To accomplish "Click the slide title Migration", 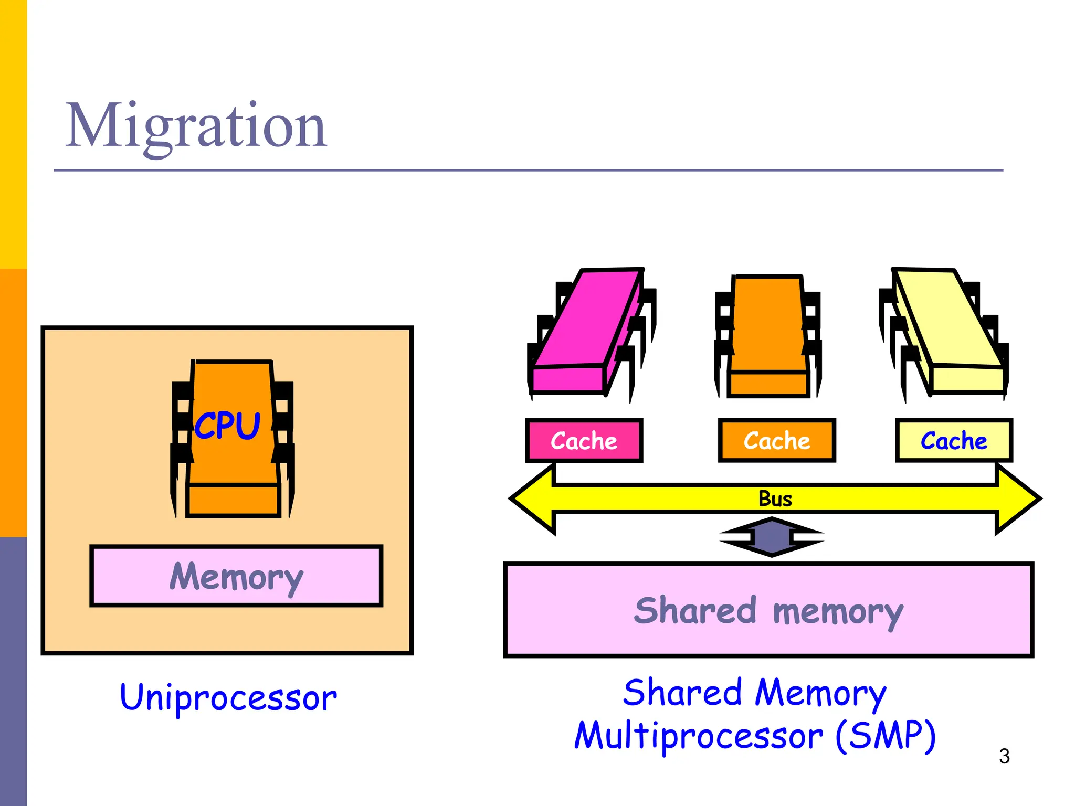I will click(x=195, y=126).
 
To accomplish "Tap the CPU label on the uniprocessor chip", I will click(x=227, y=425).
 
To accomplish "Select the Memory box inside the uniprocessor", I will click(x=236, y=576).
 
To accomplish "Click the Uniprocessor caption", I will click(x=228, y=698).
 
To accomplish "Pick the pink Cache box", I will click(x=584, y=441).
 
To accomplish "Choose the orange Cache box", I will click(x=777, y=441).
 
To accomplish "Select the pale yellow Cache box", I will click(x=954, y=441).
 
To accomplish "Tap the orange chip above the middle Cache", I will click(x=768, y=331).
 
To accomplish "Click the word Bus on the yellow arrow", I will click(x=775, y=499).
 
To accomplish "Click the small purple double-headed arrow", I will click(x=772, y=537).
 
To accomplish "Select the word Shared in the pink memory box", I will click(x=694, y=611).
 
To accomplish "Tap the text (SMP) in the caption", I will click(x=885, y=736).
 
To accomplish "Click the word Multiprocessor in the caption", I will click(x=698, y=737).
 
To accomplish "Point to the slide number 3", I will click(x=1004, y=756).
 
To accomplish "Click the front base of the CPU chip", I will click(x=233, y=500).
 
